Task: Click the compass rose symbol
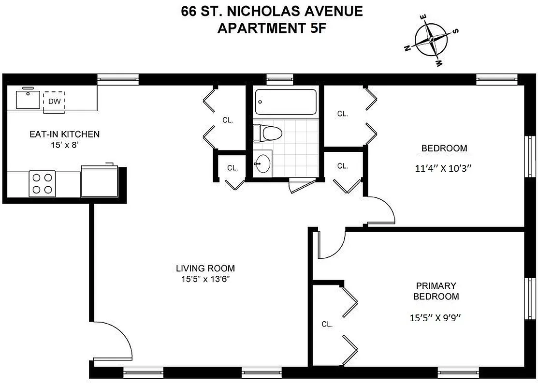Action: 431,41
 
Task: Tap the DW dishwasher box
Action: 54,101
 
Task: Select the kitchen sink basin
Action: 29,99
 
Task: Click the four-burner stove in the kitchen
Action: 42,184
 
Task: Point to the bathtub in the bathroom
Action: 286,103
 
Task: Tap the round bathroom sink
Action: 262,164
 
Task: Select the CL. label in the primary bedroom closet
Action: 327,325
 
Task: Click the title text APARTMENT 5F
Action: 271,28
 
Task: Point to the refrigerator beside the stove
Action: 99,181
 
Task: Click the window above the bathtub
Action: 280,78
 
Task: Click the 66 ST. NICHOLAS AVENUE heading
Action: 271,11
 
